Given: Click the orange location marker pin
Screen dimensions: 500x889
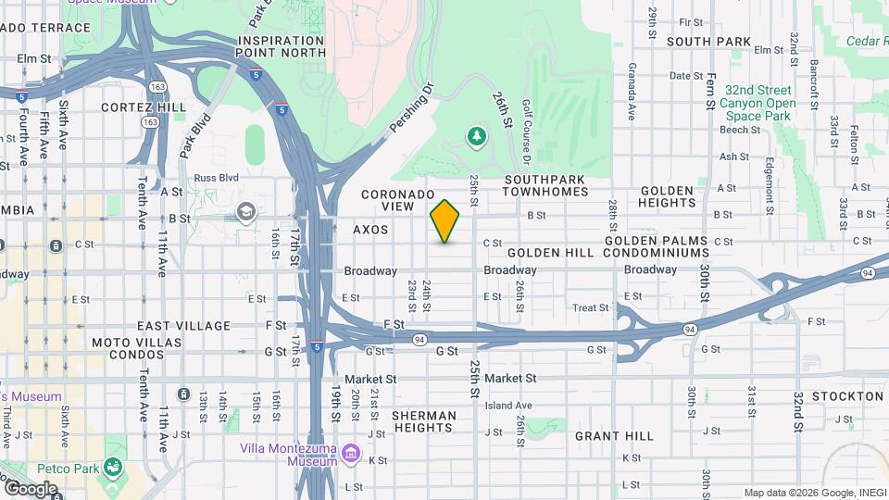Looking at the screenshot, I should (x=445, y=221).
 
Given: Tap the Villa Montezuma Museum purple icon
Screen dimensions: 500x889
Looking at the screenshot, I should (x=351, y=453).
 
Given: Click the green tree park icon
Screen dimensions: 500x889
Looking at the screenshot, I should (x=477, y=137).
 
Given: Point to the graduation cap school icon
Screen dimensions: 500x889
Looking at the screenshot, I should (x=246, y=212).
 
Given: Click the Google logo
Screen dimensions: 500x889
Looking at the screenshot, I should (x=31, y=488).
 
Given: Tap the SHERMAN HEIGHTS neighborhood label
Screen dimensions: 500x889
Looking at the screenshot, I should (x=423, y=421).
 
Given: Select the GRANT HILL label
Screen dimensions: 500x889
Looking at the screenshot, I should (x=614, y=435).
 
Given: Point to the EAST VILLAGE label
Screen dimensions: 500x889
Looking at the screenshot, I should (x=183, y=326).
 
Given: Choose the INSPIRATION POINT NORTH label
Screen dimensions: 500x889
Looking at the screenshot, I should (x=282, y=46).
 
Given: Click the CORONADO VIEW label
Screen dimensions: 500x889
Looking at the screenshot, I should (x=398, y=200).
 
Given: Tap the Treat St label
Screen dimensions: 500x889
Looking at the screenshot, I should (x=590, y=307).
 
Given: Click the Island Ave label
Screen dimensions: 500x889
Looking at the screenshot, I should (x=508, y=405).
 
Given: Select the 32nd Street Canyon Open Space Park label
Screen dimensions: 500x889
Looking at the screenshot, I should (x=758, y=103).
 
